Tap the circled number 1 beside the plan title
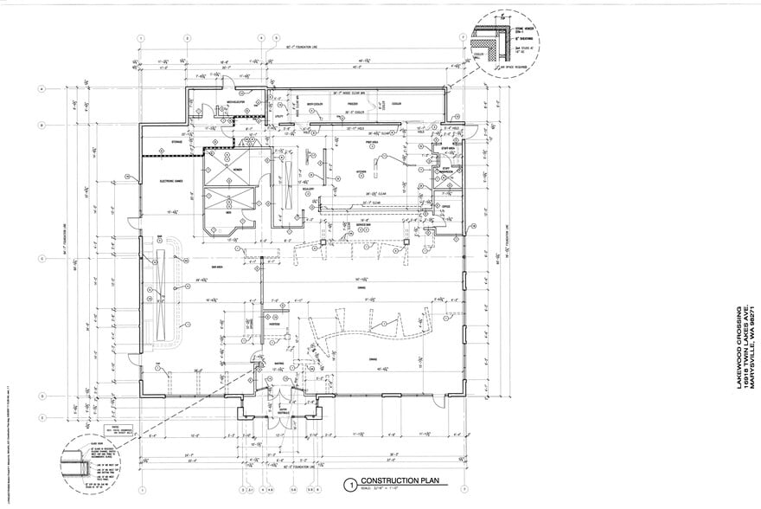tap(350, 485)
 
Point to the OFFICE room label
tap(445, 206)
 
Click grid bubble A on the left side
tap(41, 89)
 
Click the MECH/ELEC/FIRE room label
tap(235, 101)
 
